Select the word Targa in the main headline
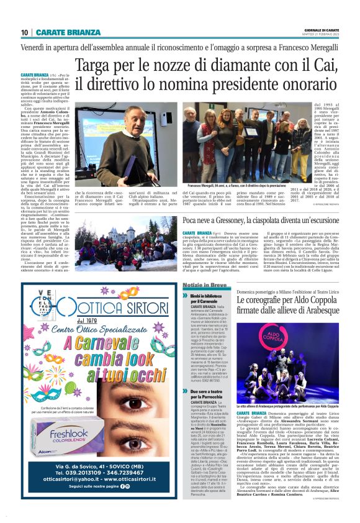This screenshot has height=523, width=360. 98,66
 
